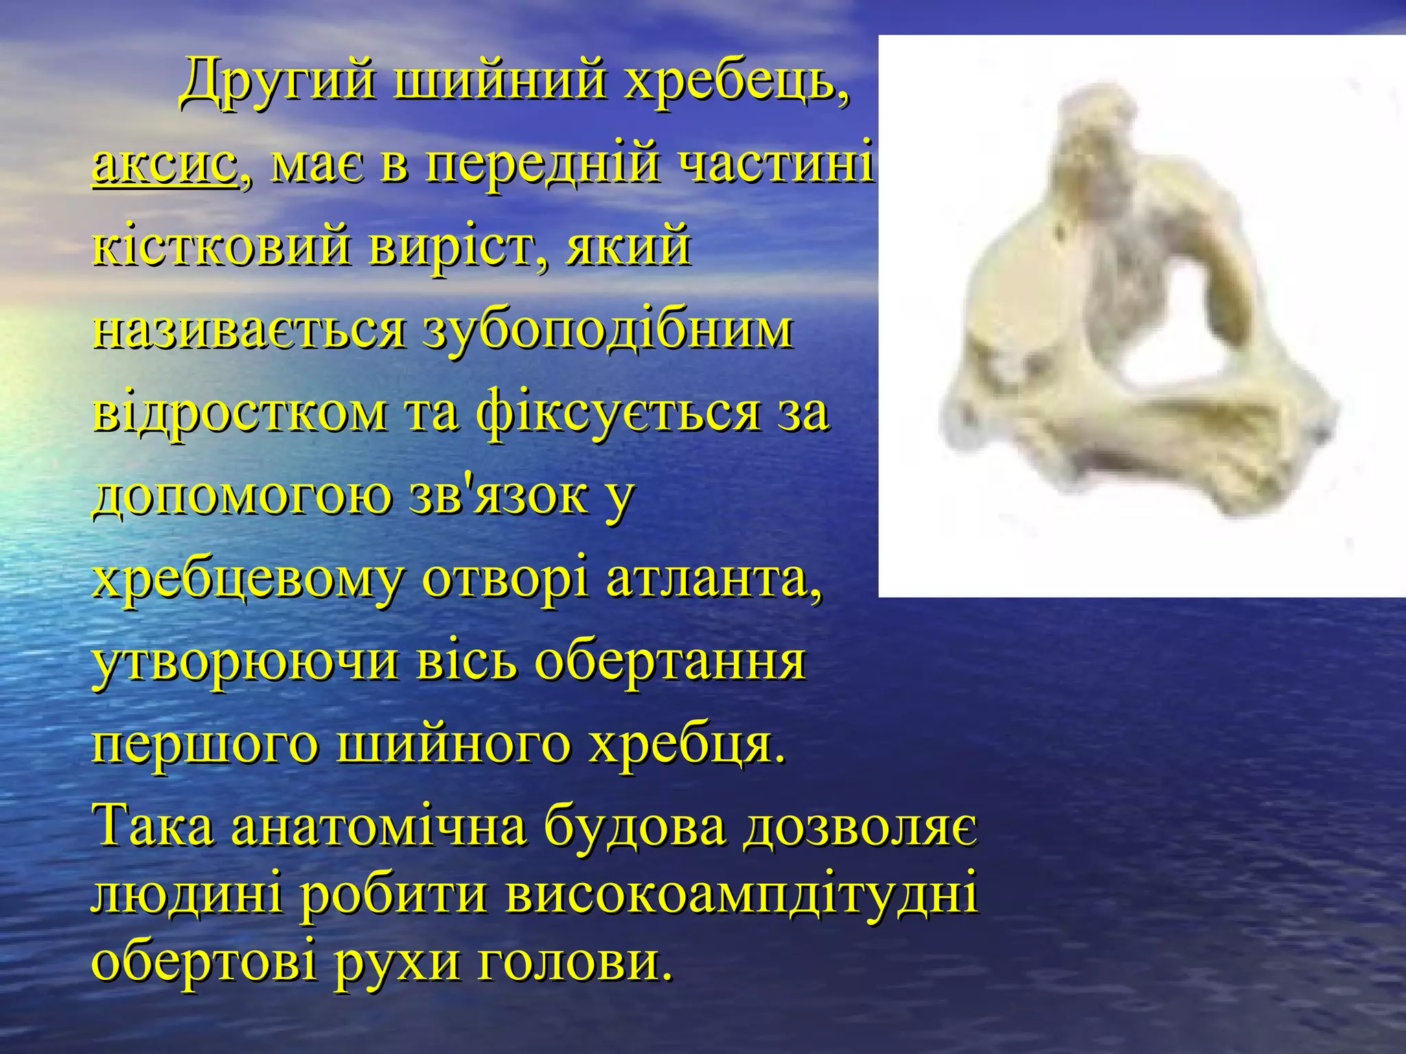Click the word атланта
pyautogui.click(x=713, y=578)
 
